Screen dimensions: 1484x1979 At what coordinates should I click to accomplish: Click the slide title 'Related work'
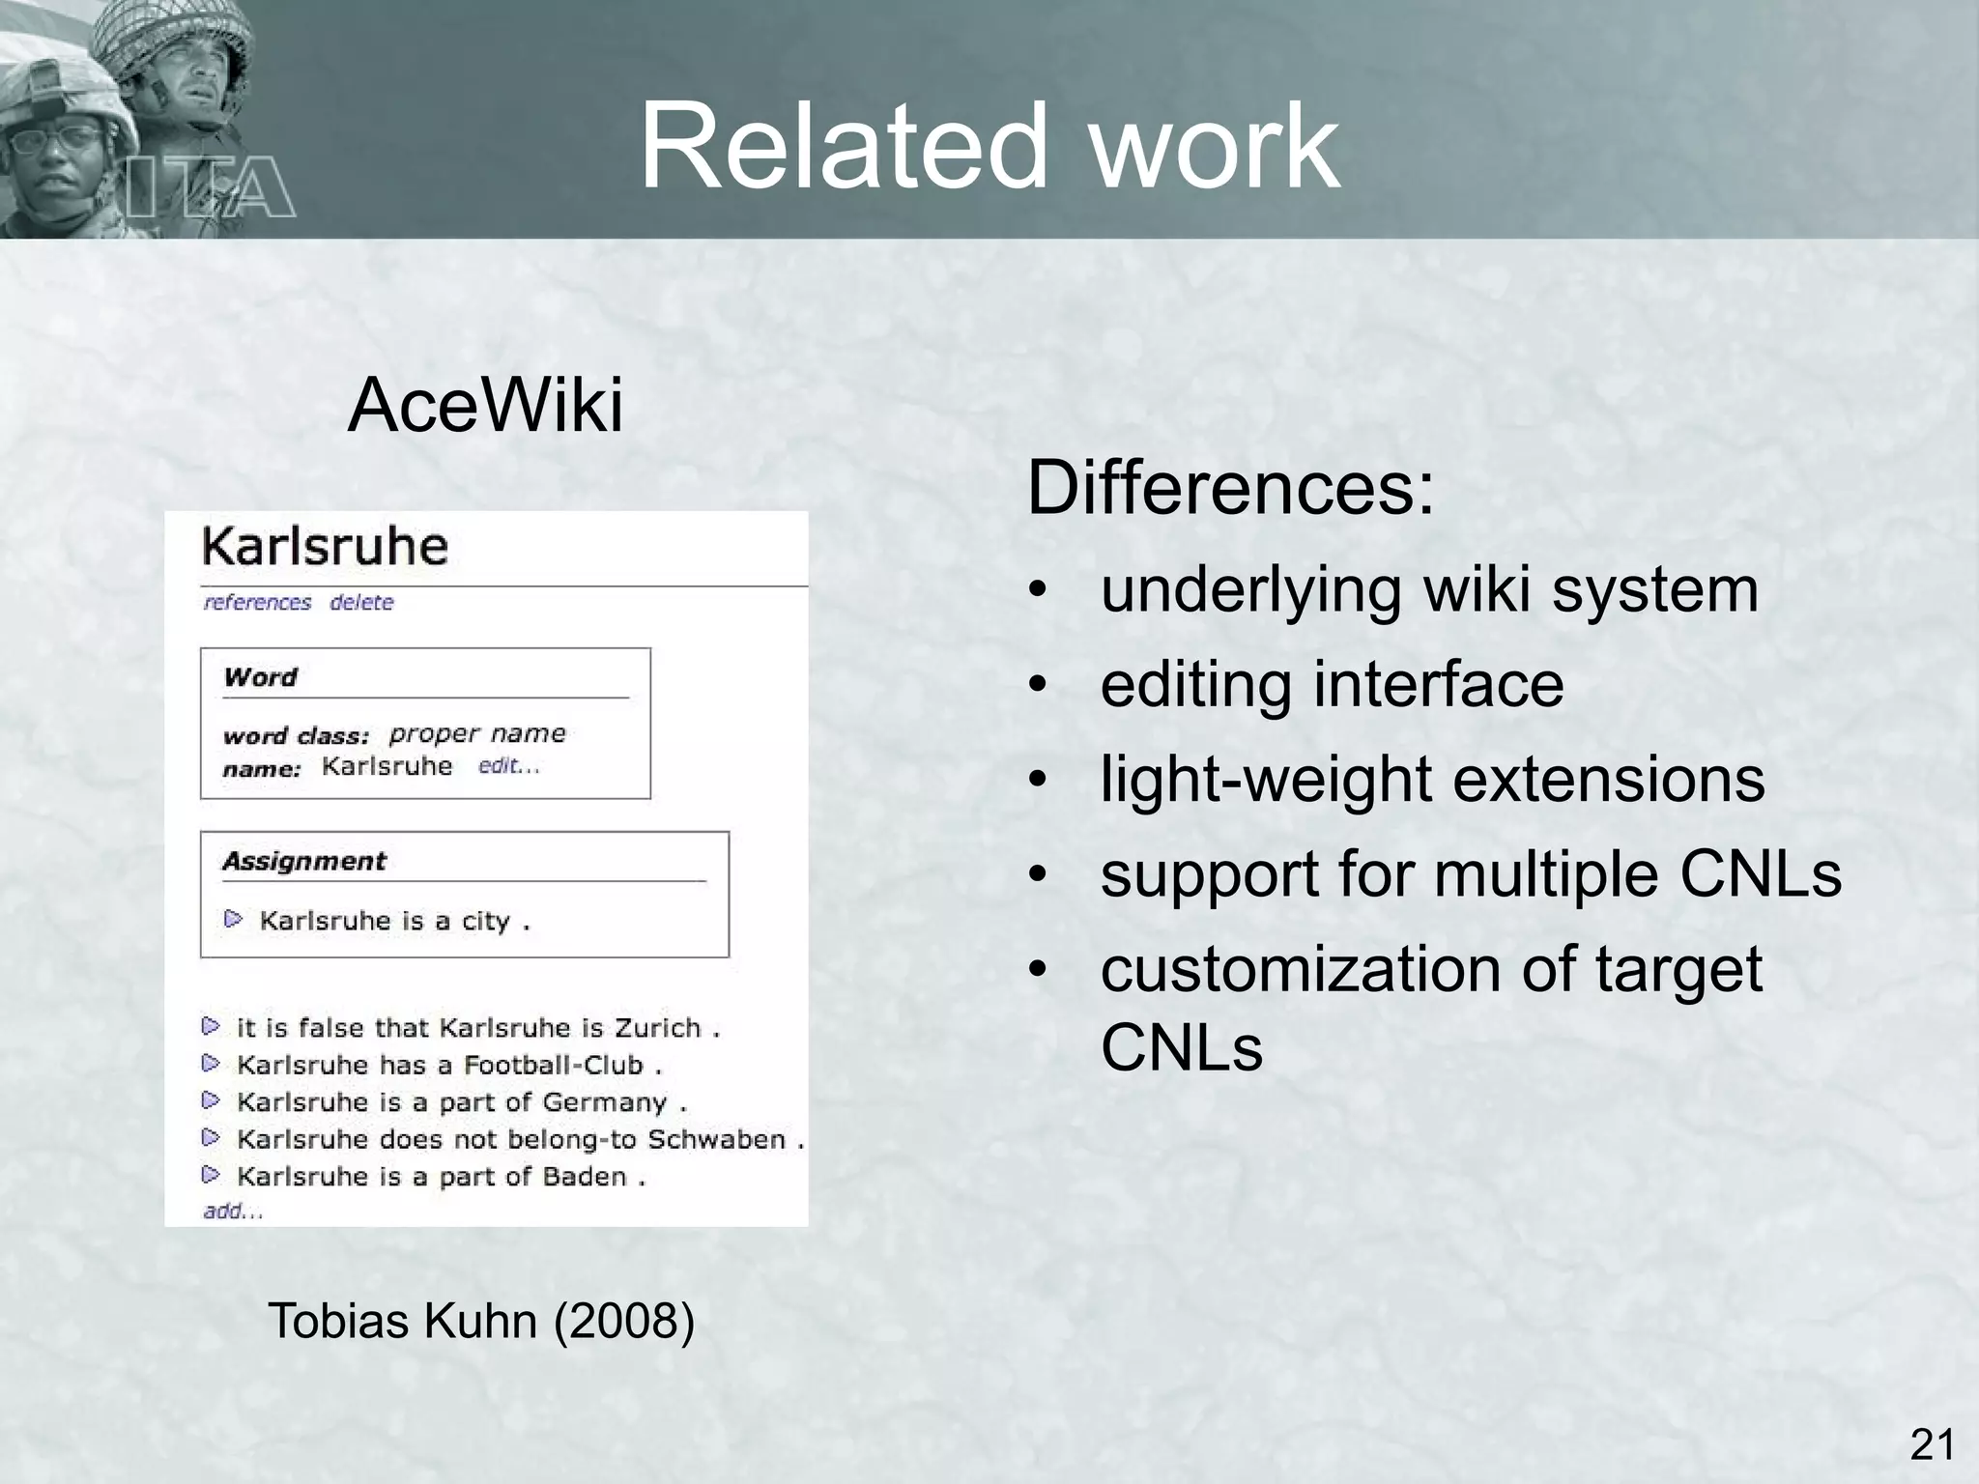(x=989, y=147)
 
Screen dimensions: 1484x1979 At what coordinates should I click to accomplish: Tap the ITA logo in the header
(x=211, y=186)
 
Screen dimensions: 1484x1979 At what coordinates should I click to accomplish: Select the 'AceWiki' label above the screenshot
(x=485, y=406)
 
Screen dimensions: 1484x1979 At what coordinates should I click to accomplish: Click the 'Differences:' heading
(x=1230, y=489)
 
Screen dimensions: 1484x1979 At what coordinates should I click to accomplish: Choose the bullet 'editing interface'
(x=1332, y=684)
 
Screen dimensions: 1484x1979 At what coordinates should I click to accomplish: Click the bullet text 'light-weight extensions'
(x=1432, y=779)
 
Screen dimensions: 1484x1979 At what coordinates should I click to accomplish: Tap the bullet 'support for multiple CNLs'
(x=1471, y=873)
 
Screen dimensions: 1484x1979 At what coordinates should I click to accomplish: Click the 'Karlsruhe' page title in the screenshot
(x=325, y=547)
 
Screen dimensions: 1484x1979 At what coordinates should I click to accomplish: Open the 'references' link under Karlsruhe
(x=257, y=603)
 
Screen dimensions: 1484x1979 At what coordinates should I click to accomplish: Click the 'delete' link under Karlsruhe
(x=361, y=603)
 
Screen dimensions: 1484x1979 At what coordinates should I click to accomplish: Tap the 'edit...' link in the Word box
(x=509, y=766)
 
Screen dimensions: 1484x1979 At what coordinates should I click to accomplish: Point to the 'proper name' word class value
(x=477, y=733)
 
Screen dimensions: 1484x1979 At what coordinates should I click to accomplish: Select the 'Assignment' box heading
(x=304, y=861)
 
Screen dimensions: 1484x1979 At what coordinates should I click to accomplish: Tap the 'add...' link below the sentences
(x=233, y=1211)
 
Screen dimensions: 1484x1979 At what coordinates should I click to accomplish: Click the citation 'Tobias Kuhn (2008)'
(x=480, y=1321)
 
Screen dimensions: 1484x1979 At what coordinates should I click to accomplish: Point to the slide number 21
(x=1932, y=1445)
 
